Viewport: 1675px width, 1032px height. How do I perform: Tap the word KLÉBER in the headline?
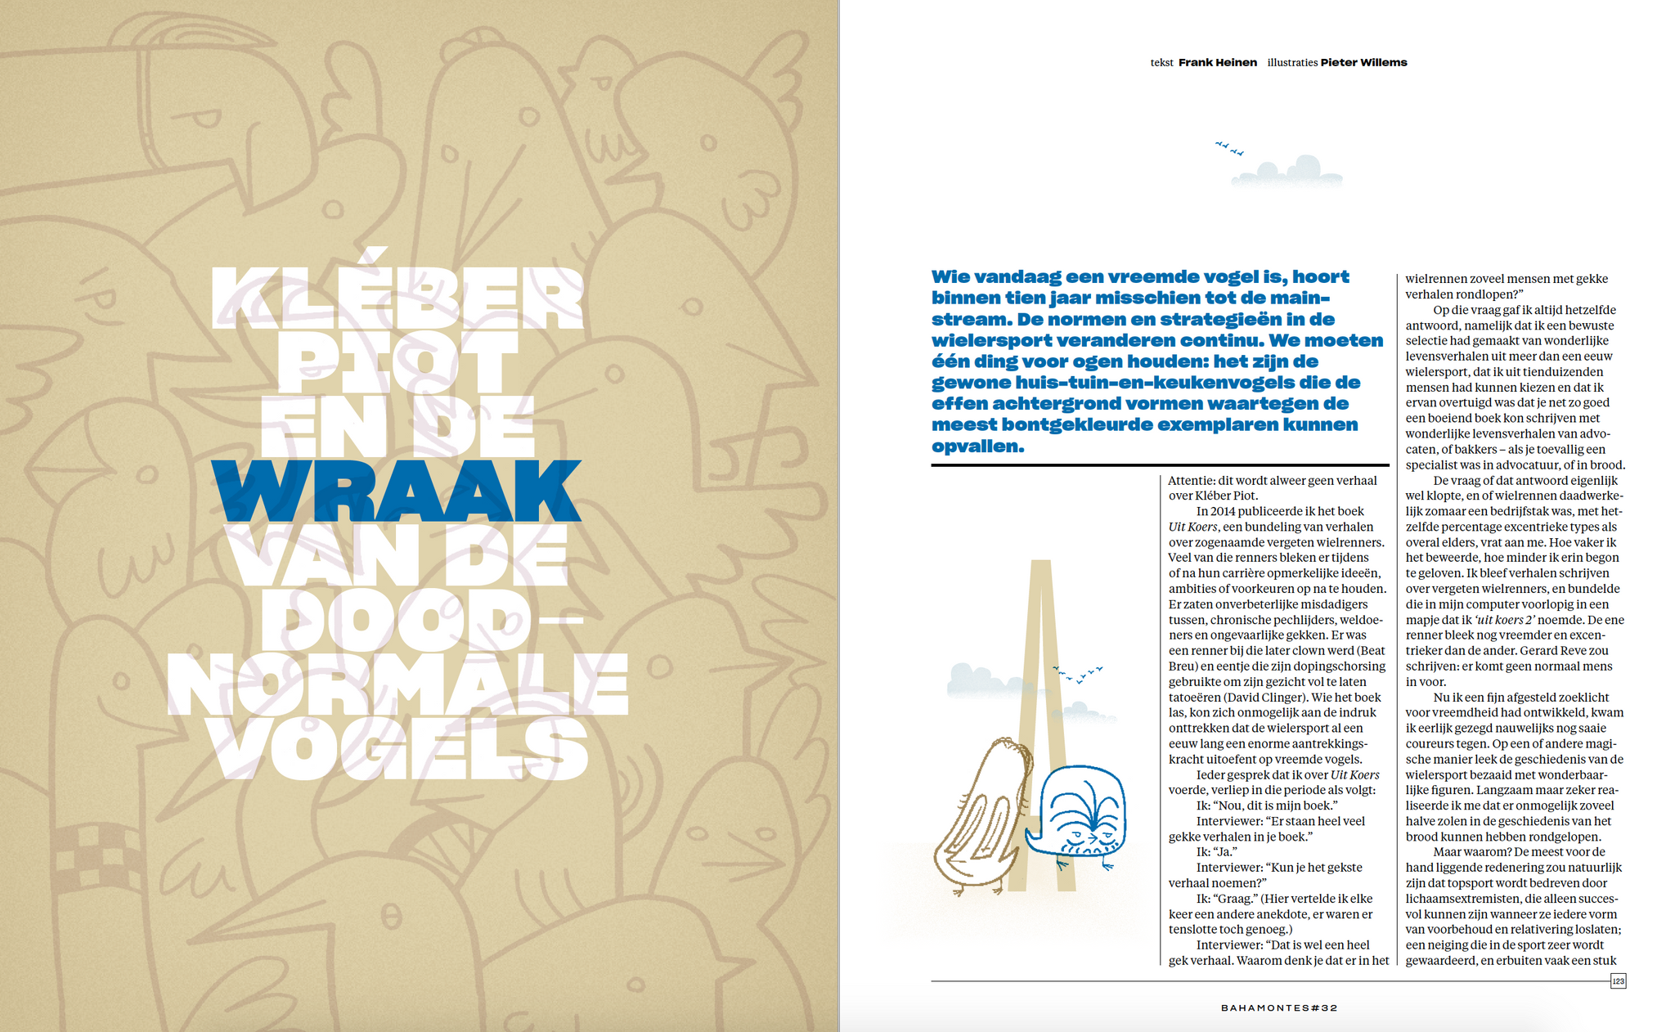click(398, 298)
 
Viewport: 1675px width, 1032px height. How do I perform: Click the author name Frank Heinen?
click(1217, 62)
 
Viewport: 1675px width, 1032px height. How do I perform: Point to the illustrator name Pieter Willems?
click(1363, 62)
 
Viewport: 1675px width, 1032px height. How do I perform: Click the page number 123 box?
click(1618, 980)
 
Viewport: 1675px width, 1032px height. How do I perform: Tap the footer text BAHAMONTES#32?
click(1279, 1007)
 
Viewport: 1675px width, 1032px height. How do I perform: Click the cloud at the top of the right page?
click(1288, 170)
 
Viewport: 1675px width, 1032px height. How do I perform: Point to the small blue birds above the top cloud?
click(1229, 148)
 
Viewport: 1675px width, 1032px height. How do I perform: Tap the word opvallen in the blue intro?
click(977, 446)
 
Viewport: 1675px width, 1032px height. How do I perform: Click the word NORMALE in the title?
click(398, 685)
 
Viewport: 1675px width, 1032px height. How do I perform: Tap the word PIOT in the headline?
click(398, 362)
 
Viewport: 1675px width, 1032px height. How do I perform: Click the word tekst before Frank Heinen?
click(1161, 63)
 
